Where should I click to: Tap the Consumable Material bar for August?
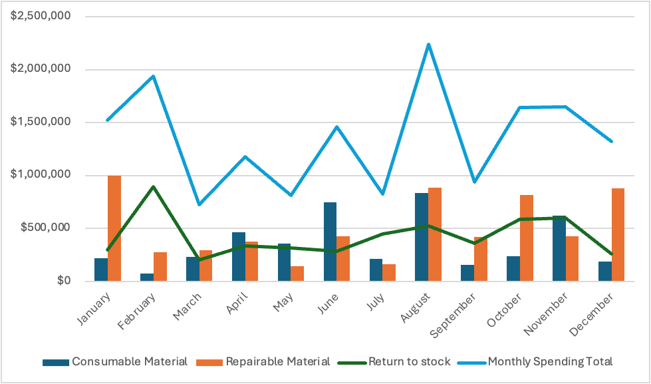[x=422, y=237]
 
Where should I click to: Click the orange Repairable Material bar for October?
[x=526, y=238]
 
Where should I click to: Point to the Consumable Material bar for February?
[x=147, y=277]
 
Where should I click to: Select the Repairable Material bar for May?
[x=297, y=274]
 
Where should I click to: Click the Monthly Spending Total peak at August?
[x=428, y=45]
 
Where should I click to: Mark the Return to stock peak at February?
[x=153, y=186]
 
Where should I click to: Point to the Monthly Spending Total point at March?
[x=199, y=204]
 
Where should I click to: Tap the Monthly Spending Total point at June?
[x=336, y=126]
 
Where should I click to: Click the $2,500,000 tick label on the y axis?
[x=41, y=16]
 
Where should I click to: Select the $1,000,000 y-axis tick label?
[x=41, y=175]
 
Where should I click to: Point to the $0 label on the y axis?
[x=61, y=281]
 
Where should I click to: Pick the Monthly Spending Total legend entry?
[x=550, y=362]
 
